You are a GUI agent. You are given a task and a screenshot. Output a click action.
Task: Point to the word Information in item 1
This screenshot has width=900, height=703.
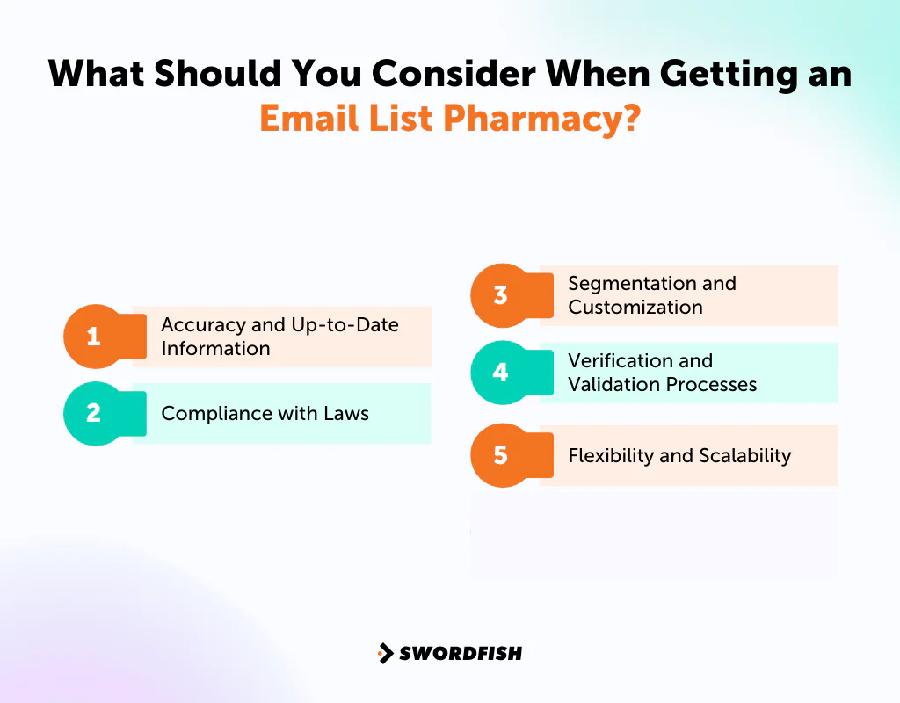point(215,349)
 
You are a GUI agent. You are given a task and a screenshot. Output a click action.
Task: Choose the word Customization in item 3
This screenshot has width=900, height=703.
point(635,308)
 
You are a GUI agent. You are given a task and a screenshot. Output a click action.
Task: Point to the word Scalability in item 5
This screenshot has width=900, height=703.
point(745,456)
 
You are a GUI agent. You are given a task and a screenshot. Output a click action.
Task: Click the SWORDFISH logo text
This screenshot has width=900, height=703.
point(461,653)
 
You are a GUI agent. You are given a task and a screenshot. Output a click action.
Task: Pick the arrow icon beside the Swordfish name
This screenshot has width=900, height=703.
point(385,653)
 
